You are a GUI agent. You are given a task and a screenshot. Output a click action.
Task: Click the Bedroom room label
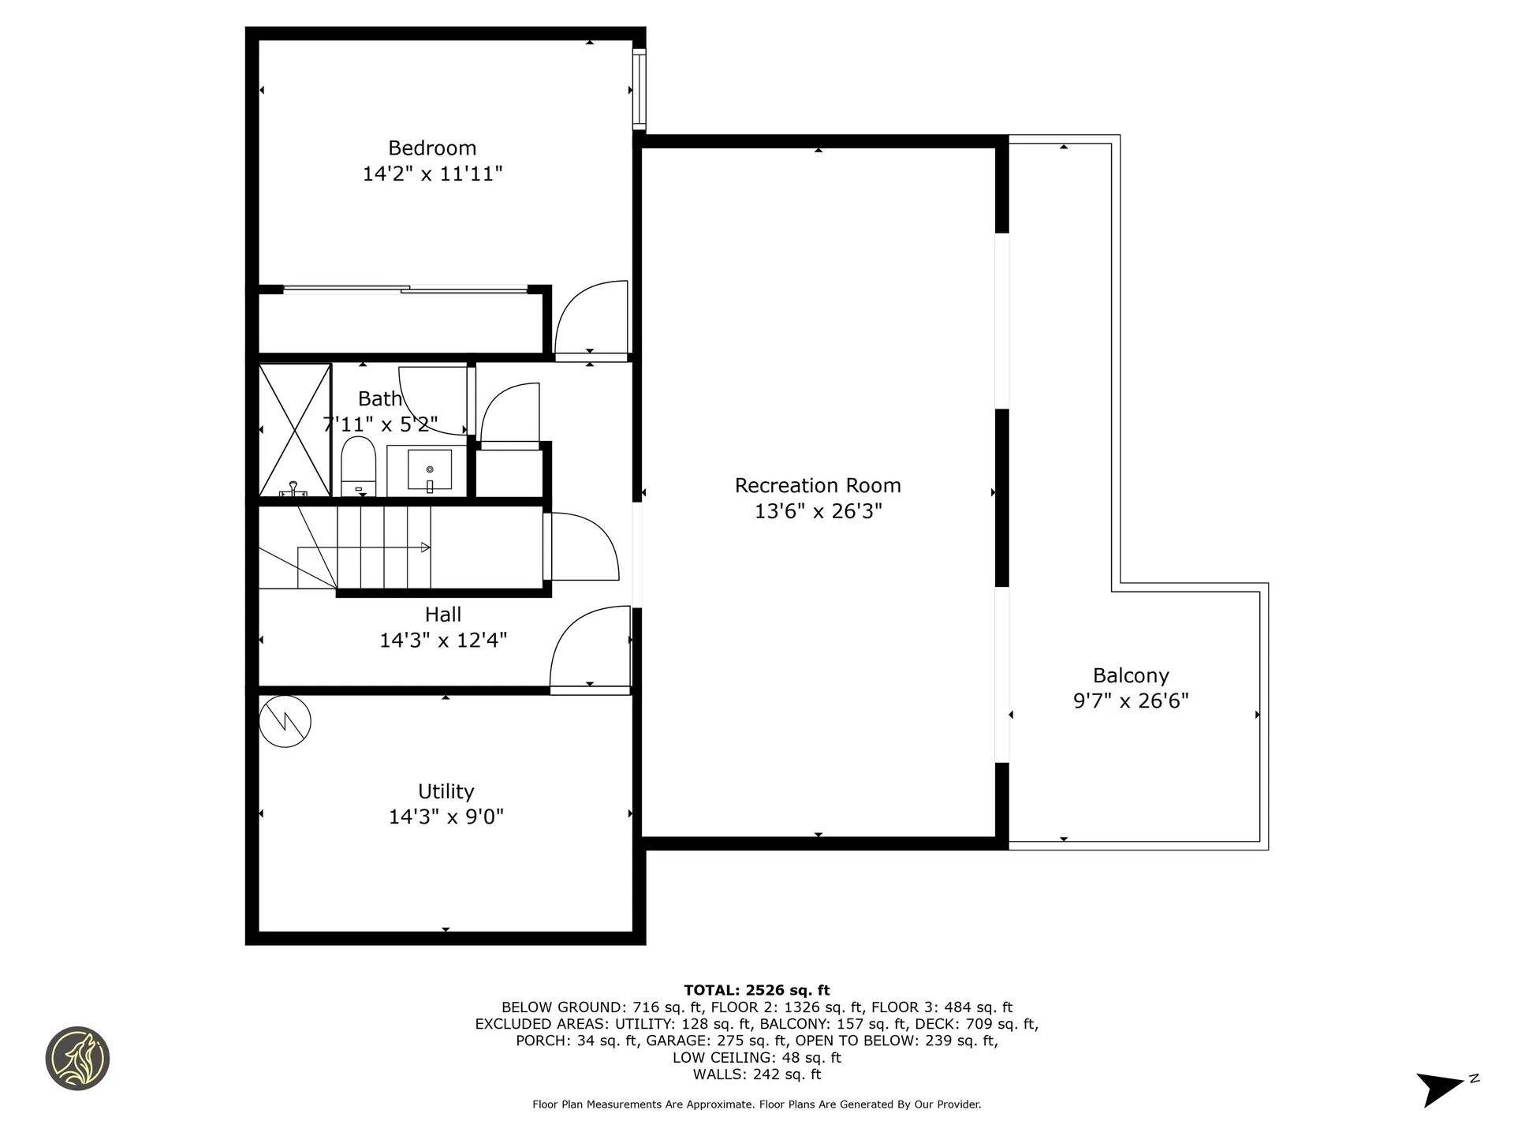[432, 148]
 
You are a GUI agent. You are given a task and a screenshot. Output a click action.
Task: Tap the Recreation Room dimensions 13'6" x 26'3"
[818, 511]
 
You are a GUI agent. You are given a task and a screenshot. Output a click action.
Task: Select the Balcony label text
[1131, 675]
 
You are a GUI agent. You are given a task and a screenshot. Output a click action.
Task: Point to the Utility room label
[446, 791]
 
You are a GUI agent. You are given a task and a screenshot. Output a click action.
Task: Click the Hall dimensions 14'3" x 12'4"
[443, 640]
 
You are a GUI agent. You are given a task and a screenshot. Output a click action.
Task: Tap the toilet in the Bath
[358, 466]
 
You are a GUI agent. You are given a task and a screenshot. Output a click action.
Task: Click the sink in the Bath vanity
[430, 470]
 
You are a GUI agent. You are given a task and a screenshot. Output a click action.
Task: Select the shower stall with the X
[294, 430]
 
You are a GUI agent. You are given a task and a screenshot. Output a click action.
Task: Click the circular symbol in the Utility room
[285, 721]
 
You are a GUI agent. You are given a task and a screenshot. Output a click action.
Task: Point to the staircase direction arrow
[424, 547]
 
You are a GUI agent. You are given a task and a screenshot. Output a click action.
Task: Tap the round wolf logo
[77, 1059]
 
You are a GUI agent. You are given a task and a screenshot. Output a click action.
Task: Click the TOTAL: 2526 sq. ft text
[756, 990]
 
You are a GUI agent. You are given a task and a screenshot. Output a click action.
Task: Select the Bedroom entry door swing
[591, 319]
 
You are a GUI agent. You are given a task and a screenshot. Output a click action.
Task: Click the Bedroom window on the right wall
[639, 89]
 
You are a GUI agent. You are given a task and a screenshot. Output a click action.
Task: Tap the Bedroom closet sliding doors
[405, 290]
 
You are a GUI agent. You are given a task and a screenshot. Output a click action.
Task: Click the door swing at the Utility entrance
[590, 649]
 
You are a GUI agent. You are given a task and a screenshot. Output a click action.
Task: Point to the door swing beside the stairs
[583, 547]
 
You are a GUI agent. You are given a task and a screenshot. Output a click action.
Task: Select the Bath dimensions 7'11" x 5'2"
[380, 424]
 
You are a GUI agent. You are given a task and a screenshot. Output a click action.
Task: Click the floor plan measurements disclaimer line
[756, 1104]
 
